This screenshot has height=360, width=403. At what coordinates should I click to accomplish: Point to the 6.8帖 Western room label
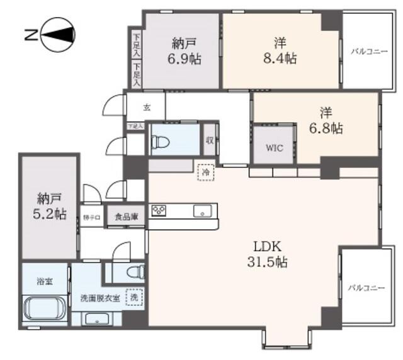[x=326, y=121]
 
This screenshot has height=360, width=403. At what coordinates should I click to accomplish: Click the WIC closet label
[x=273, y=149]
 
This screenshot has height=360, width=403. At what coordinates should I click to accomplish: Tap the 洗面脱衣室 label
[x=98, y=298]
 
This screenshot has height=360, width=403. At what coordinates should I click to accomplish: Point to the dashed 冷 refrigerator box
[x=205, y=171]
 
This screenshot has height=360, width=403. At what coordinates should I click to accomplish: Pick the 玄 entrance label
[x=147, y=107]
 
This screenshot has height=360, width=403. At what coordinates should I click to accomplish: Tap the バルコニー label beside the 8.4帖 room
[x=368, y=51]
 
